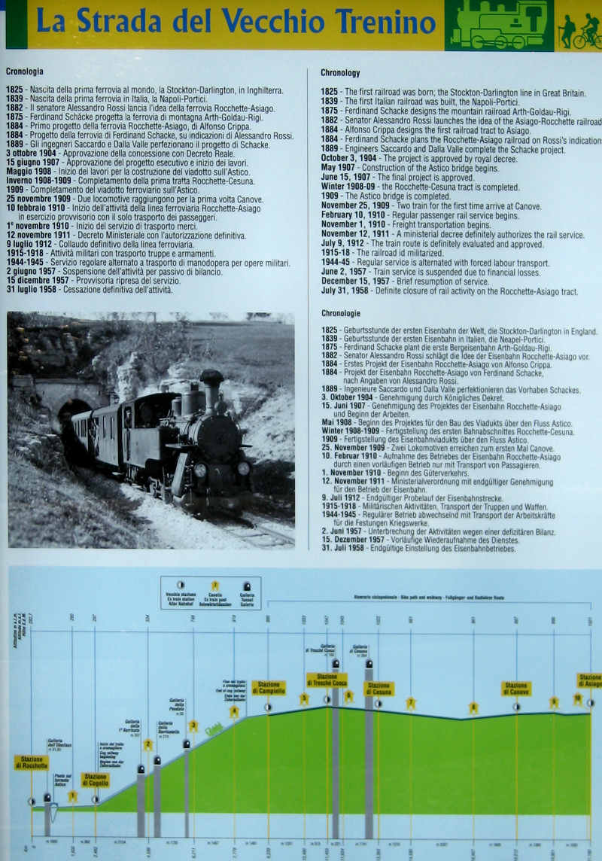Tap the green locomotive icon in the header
point(498,25)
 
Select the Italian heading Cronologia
point(24,71)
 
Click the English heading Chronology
point(340,73)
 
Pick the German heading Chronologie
point(340,313)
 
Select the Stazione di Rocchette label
point(31,762)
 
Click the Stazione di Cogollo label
point(95,780)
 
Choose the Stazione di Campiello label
point(269,687)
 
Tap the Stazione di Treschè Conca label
point(327,680)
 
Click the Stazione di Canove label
point(516,688)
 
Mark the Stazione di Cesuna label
point(379,689)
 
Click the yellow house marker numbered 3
point(193,726)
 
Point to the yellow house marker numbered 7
point(410,704)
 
